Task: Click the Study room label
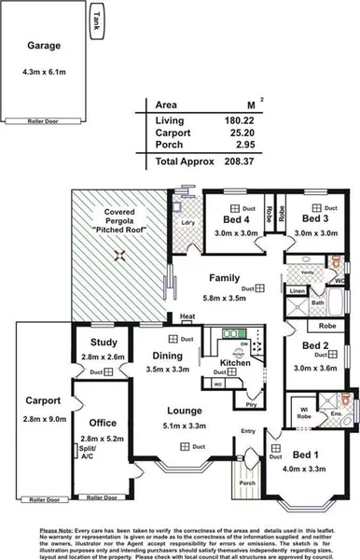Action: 104,343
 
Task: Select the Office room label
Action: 103,424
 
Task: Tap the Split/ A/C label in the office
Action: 89,452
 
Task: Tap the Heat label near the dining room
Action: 187,316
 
